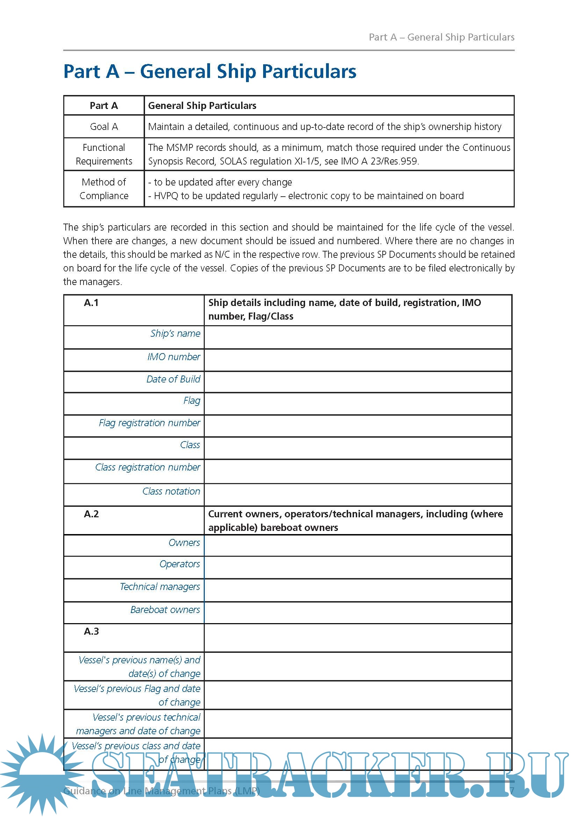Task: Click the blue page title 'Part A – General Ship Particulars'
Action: pos(210,72)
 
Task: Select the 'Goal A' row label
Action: pos(103,127)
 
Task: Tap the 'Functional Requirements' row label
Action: pos(103,154)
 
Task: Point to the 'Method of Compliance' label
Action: pos(103,189)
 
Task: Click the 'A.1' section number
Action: pos(91,303)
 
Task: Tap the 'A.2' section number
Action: pos(91,514)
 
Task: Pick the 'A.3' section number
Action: pos(91,632)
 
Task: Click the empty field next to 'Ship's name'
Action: pos(358,337)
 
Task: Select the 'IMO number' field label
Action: pos(174,357)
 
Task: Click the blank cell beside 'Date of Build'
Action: pos(358,382)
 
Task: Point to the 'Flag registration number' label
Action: pos(150,423)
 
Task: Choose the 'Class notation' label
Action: pos(171,491)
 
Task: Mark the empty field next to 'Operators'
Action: pos(358,568)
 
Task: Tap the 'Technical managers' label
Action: pos(160,587)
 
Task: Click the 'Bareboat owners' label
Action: pos(165,610)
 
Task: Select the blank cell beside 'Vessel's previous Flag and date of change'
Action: pos(358,695)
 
